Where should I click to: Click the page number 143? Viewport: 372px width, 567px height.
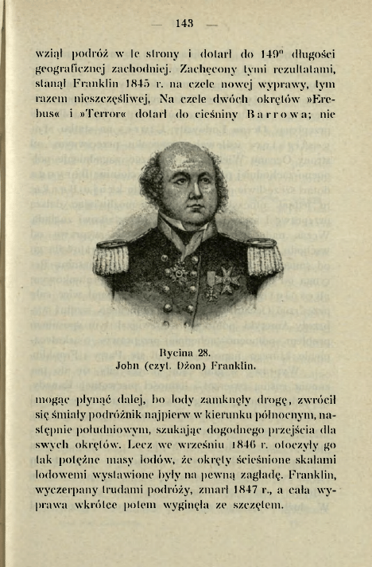pos(184,24)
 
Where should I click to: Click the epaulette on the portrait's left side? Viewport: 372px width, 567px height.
pos(111,256)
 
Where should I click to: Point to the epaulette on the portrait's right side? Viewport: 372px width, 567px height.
pos(264,257)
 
